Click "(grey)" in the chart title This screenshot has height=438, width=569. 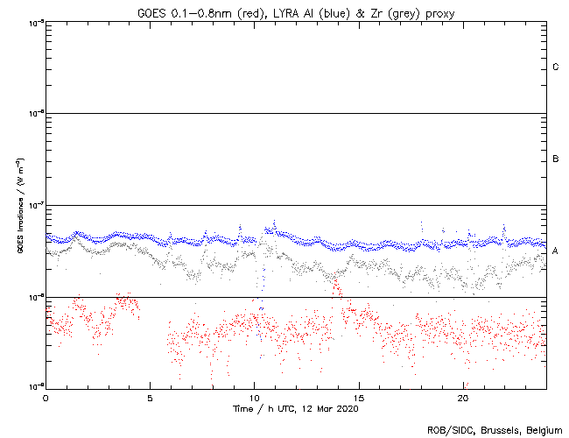pyautogui.click(x=390, y=11)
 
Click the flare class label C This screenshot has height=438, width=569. pyautogui.click(x=556, y=67)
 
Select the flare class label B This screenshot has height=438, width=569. pyautogui.click(x=556, y=159)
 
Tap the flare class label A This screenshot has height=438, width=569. pyautogui.click(x=556, y=251)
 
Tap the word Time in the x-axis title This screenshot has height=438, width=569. pyautogui.click(x=244, y=409)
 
